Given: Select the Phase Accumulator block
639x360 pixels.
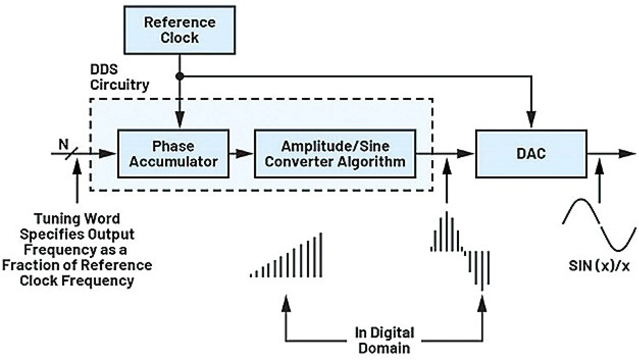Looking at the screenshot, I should click(173, 153).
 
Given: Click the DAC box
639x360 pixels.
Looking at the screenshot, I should click(531, 154).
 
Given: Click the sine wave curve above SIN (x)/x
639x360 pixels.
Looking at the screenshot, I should click(599, 225).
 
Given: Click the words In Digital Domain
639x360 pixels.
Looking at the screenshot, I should click(384, 340).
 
